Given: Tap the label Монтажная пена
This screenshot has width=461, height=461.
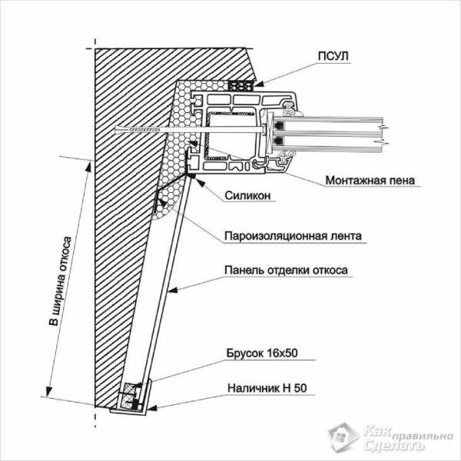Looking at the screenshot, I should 370,181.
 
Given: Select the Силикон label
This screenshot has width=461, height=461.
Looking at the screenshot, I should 248,196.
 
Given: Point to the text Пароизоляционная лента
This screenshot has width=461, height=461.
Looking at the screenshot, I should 293,236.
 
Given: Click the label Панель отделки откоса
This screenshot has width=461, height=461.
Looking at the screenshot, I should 287,270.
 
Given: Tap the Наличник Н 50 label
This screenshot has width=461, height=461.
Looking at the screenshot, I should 266,389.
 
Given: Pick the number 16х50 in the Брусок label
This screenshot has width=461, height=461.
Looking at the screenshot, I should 281,353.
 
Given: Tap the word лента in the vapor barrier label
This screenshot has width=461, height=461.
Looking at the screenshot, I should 344,236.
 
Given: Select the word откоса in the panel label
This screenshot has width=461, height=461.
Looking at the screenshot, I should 329,270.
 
